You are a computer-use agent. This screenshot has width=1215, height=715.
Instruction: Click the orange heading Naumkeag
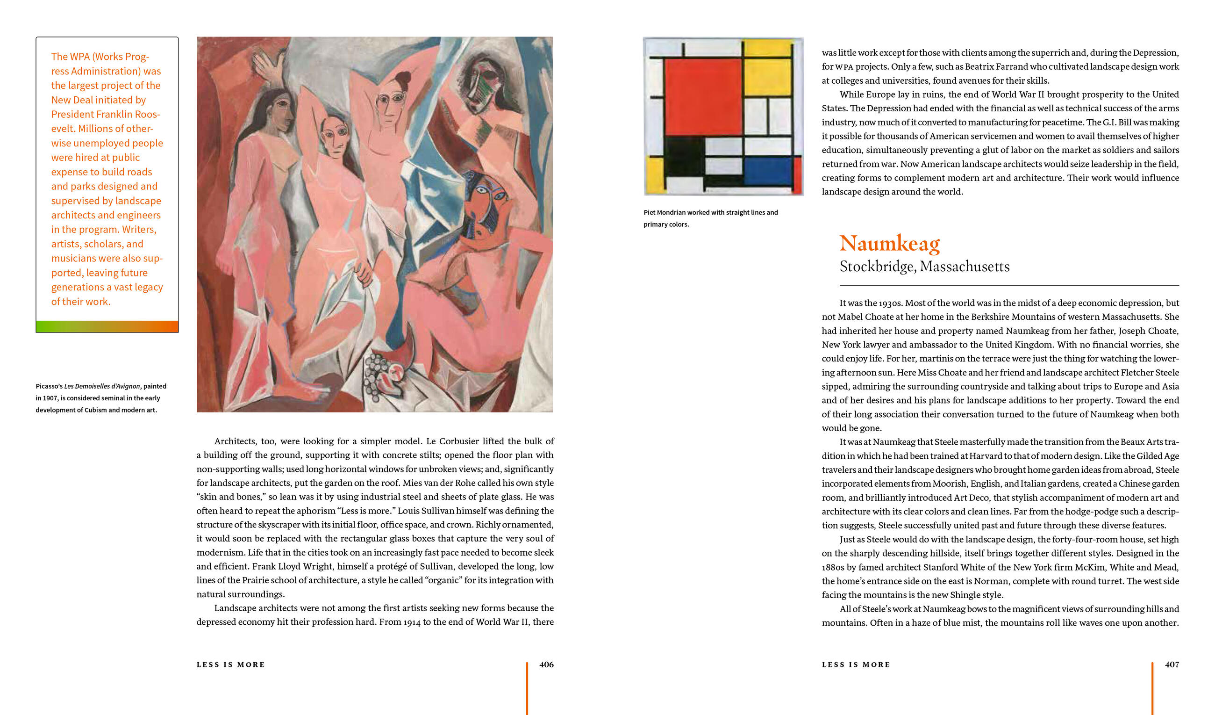pyautogui.click(x=889, y=243)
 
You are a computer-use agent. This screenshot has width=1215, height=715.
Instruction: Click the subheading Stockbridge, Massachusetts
pyautogui.click(x=924, y=267)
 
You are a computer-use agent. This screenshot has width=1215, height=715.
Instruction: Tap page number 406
pyautogui.click(x=546, y=664)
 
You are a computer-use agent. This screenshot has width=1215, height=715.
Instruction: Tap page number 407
pyautogui.click(x=1172, y=664)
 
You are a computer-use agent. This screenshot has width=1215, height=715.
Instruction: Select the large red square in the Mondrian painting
pyautogui.click(x=702, y=96)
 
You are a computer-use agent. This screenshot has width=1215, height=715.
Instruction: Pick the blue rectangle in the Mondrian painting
pyautogui.click(x=768, y=171)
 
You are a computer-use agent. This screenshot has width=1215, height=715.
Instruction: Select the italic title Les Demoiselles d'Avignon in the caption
pyautogui.click(x=102, y=386)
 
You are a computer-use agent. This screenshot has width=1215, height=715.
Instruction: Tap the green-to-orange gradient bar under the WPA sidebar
pyautogui.click(x=107, y=326)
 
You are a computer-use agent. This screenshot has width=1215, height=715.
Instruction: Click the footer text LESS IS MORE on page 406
pyautogui.click(x=230, y=664)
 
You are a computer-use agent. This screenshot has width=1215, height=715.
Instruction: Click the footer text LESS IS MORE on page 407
pyautogui.click(x=856, y=664)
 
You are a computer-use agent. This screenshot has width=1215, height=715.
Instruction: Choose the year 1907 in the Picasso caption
pyautogui.click(x=50, y=398)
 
